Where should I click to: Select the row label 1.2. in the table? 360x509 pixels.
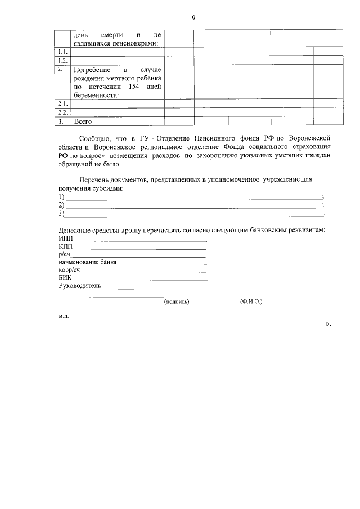63,60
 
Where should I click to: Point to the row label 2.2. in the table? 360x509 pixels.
63,112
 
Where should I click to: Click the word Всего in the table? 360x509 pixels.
82,121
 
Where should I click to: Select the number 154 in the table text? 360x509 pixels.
128,87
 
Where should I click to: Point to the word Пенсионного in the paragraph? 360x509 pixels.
220,137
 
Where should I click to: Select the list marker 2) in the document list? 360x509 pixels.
62,205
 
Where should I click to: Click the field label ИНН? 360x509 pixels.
66,239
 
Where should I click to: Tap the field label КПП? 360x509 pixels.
66,246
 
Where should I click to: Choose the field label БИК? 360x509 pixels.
65,277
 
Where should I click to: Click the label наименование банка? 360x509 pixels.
87,262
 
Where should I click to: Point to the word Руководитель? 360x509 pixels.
80,285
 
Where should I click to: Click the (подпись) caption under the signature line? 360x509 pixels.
177,301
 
